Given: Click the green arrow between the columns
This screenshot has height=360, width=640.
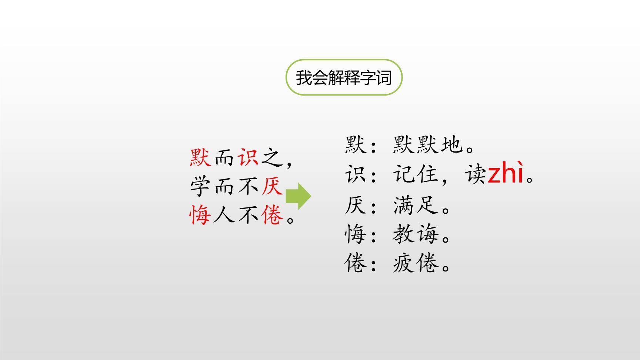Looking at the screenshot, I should click(299, 196).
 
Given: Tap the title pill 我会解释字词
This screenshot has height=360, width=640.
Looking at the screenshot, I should click(344, 78).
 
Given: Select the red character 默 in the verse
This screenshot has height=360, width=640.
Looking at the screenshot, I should click(200, 157).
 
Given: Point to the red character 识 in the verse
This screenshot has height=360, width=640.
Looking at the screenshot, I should click(248, 157).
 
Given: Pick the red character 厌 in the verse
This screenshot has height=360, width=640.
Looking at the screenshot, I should click(272, 186).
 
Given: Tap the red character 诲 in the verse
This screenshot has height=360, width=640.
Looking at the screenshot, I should click(200, 215).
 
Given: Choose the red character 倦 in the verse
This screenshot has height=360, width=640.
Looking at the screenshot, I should click(272, 215).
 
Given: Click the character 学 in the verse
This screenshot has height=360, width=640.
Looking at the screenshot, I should click(200, 186).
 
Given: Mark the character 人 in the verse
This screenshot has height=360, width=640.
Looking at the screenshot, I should click(224, 215).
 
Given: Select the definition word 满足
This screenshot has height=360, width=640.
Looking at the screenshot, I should click(416, 205).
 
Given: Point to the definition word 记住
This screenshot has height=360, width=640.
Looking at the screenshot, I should click(416, 174).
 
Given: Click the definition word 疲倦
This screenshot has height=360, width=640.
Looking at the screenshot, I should click(416, 264).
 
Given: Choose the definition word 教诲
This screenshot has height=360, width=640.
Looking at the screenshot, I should click(416, 234).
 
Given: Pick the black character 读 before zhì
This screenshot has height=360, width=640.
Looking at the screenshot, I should click(476, 174).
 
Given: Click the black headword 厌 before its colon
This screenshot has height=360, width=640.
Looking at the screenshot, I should click(356, 205).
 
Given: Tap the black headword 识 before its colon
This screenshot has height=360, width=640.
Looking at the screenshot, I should click(356, 174).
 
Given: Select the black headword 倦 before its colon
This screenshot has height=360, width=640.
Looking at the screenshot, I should click(356, 264).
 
